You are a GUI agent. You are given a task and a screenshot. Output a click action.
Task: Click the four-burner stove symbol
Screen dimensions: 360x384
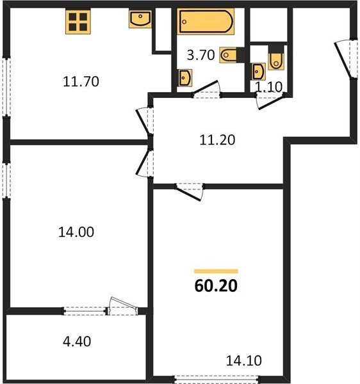[x=78, y=21]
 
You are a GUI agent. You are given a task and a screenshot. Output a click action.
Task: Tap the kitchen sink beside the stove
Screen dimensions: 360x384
[x=140, y=19]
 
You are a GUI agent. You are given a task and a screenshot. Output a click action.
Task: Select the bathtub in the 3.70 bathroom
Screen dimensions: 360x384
[x=206, y=21]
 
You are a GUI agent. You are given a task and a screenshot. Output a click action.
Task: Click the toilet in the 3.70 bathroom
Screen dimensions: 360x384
[x=232, y=55]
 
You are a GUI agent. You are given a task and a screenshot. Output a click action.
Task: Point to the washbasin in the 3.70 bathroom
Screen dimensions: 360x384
[x=185, y=78]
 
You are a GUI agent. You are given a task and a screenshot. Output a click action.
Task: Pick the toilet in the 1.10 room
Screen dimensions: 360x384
[x=276, y=58]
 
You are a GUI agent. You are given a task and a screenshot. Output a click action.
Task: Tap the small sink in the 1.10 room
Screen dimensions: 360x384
[x=259, y=72]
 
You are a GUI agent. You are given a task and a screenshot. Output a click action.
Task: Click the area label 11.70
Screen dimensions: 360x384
[x=81, y=81]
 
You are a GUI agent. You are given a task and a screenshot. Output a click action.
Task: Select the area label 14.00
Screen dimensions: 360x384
[x=76, y=232]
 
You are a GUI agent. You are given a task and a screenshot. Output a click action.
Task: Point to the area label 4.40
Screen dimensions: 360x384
[x=77, y=341]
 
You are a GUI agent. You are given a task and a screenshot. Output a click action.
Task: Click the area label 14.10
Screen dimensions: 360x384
[x=243, y=360]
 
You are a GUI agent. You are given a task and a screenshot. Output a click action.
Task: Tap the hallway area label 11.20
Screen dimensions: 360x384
[x=217, y=140]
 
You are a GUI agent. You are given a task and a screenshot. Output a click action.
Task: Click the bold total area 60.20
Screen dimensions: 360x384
[x=216, y=286]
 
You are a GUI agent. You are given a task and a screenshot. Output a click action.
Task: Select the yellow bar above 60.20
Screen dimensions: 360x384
[x=216, y=271]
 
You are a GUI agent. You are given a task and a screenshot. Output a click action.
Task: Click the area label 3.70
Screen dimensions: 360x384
[x=200, y=55]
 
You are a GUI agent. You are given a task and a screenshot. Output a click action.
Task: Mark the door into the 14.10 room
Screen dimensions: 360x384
[x=190, y=191]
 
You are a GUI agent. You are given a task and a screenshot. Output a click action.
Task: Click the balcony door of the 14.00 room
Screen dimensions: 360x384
[x=123, y=305]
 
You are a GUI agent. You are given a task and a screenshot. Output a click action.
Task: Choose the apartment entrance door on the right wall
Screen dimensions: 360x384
[x=346, y=60]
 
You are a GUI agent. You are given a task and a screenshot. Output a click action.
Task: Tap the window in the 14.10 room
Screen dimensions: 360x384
[x=217, y=379]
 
